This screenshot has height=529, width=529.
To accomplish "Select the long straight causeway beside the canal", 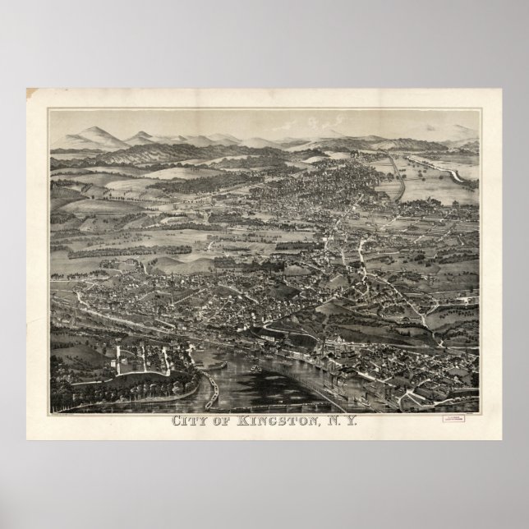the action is [398, 177].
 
